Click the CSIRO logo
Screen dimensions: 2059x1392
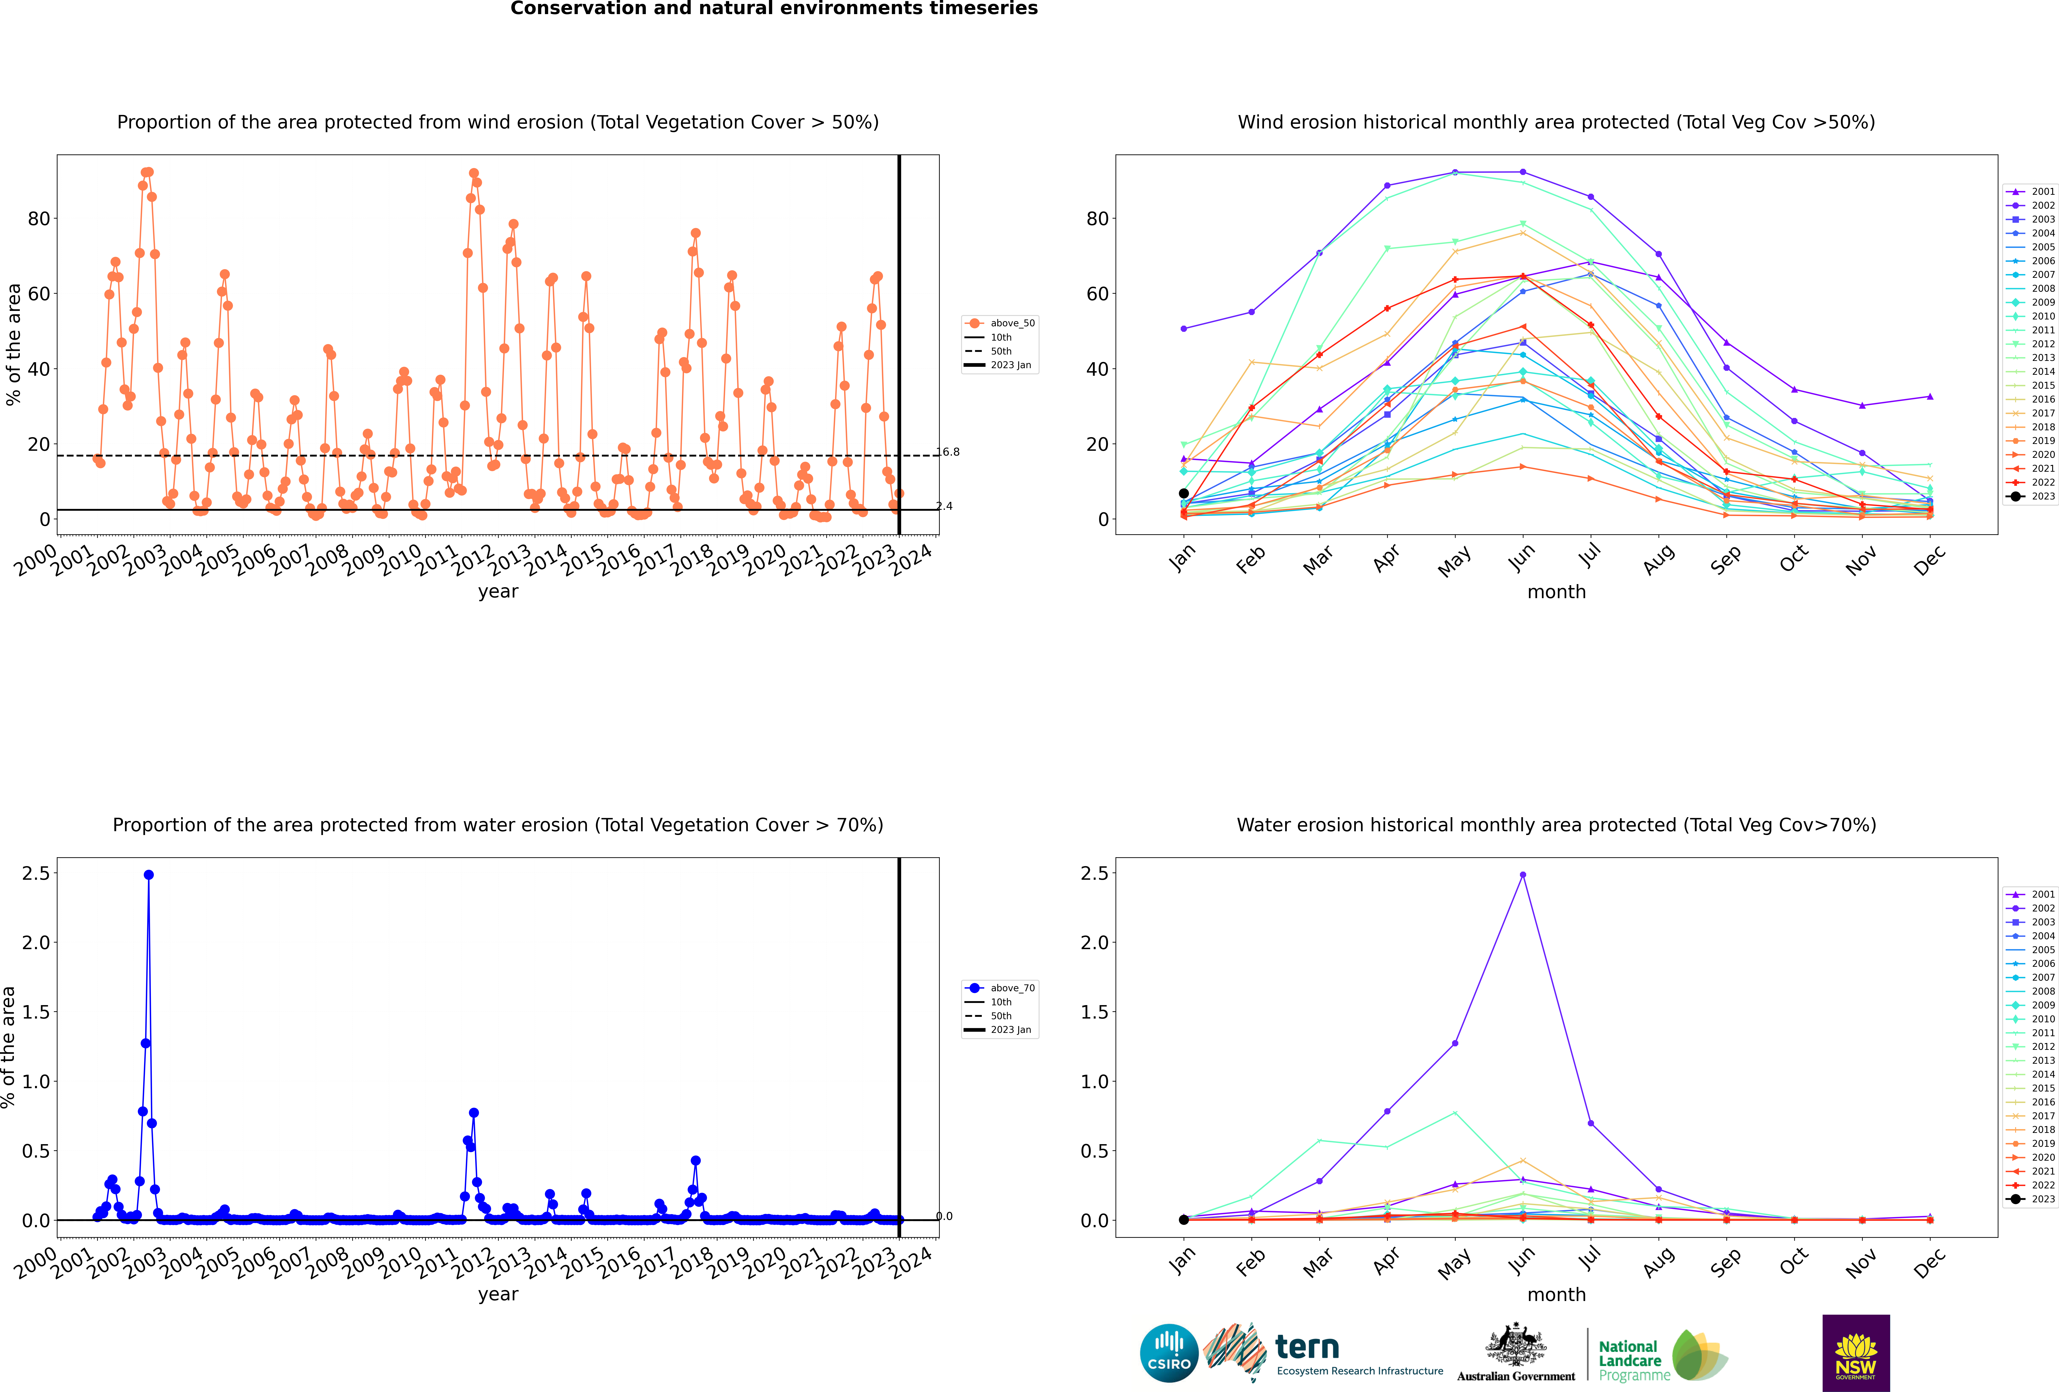pos(1169,1353)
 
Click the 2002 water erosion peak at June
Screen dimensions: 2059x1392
pos(1522,874)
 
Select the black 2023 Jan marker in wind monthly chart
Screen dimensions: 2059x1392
pos(1184,494)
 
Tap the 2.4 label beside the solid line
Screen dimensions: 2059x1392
pos(945,506)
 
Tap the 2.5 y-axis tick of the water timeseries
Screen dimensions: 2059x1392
pos(36,873)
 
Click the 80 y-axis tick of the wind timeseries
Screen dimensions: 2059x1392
pos(39,218)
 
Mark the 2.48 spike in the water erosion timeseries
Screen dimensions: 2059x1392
pos(149,874)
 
